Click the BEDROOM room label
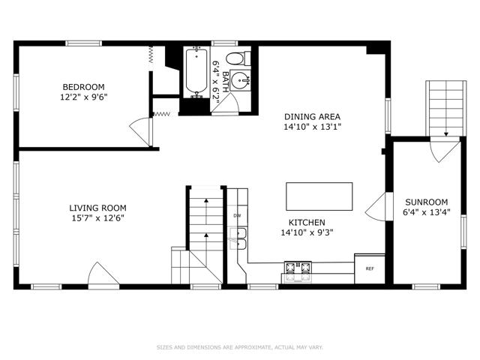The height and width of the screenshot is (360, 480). pos(83,87)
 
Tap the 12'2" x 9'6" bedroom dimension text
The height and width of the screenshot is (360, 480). pos(84,97)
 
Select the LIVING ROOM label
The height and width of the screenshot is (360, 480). pos(97,208)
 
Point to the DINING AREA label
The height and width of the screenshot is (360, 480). pos(312,117)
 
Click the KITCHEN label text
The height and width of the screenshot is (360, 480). pos(307,223)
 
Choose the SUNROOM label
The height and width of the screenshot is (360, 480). pos(427,202)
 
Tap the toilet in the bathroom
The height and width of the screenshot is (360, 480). pos(238,58)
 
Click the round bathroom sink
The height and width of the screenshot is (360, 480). pos(240,80)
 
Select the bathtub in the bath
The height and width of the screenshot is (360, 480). pos(196,72)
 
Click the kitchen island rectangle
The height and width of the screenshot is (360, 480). pos(319,196)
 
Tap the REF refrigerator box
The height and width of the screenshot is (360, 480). pos(370,268)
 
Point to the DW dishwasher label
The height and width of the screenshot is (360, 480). pos(237,215)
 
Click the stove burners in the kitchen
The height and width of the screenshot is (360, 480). pos(298,267)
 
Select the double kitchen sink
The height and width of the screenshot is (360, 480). pos(238,238)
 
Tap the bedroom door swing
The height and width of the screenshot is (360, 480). pos(141,132)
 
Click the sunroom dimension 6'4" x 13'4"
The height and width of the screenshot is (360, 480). pos(427,212)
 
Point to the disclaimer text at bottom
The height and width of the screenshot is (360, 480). pos(240,347)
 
